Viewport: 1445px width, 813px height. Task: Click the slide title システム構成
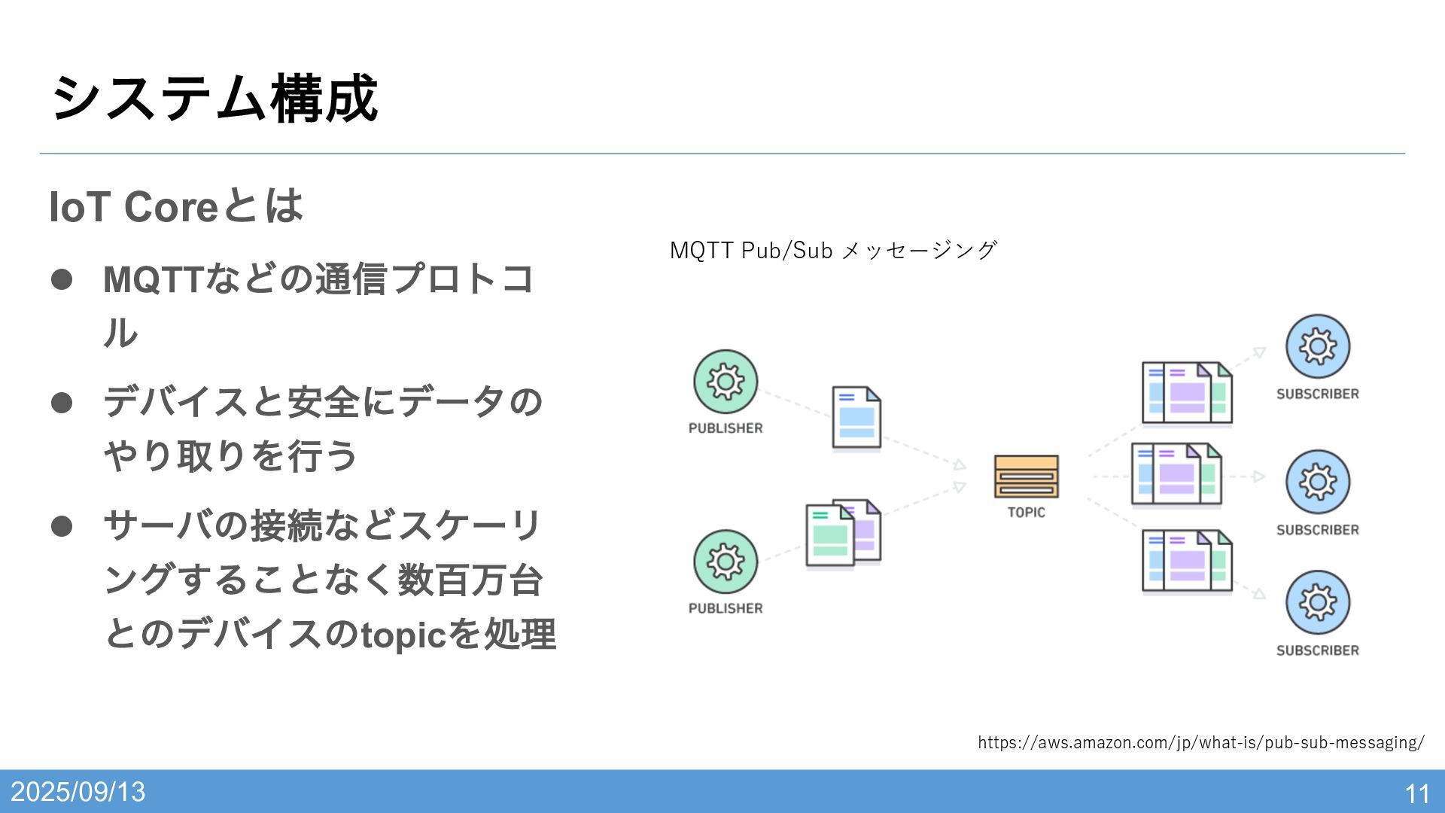(x=214, y=99)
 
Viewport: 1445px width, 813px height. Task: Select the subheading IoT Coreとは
(x=175, y=206)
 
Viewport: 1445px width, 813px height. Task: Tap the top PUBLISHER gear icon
(x=726, y=382)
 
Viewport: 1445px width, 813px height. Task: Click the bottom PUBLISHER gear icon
(x=726, y=562)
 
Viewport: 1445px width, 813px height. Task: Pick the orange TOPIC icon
(x=1026, y=477)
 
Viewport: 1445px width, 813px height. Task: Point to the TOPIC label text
(x=1026, y=513)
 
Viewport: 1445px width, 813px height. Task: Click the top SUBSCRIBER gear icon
(x=1317, y=346)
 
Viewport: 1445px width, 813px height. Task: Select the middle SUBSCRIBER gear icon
(x=1317, y=482)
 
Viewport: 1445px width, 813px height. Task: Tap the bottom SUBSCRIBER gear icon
(x=1317, y=602)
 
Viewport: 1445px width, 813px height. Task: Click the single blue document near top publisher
(x=856, y=418)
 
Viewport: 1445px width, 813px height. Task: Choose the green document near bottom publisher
(x=829, y=535)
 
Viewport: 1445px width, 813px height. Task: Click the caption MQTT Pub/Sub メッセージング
(x=833, y=250)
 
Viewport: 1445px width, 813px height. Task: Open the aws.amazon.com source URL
(x=1200, y=743)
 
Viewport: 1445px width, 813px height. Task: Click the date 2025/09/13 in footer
(x=78, y=792)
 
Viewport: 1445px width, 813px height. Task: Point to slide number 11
(x=1417, y=793)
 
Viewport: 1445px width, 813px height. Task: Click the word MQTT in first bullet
(x=153, y=279)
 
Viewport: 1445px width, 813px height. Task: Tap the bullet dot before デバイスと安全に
(x=62, y=403)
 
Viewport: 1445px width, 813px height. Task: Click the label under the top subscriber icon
(x=1317, y=394)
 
